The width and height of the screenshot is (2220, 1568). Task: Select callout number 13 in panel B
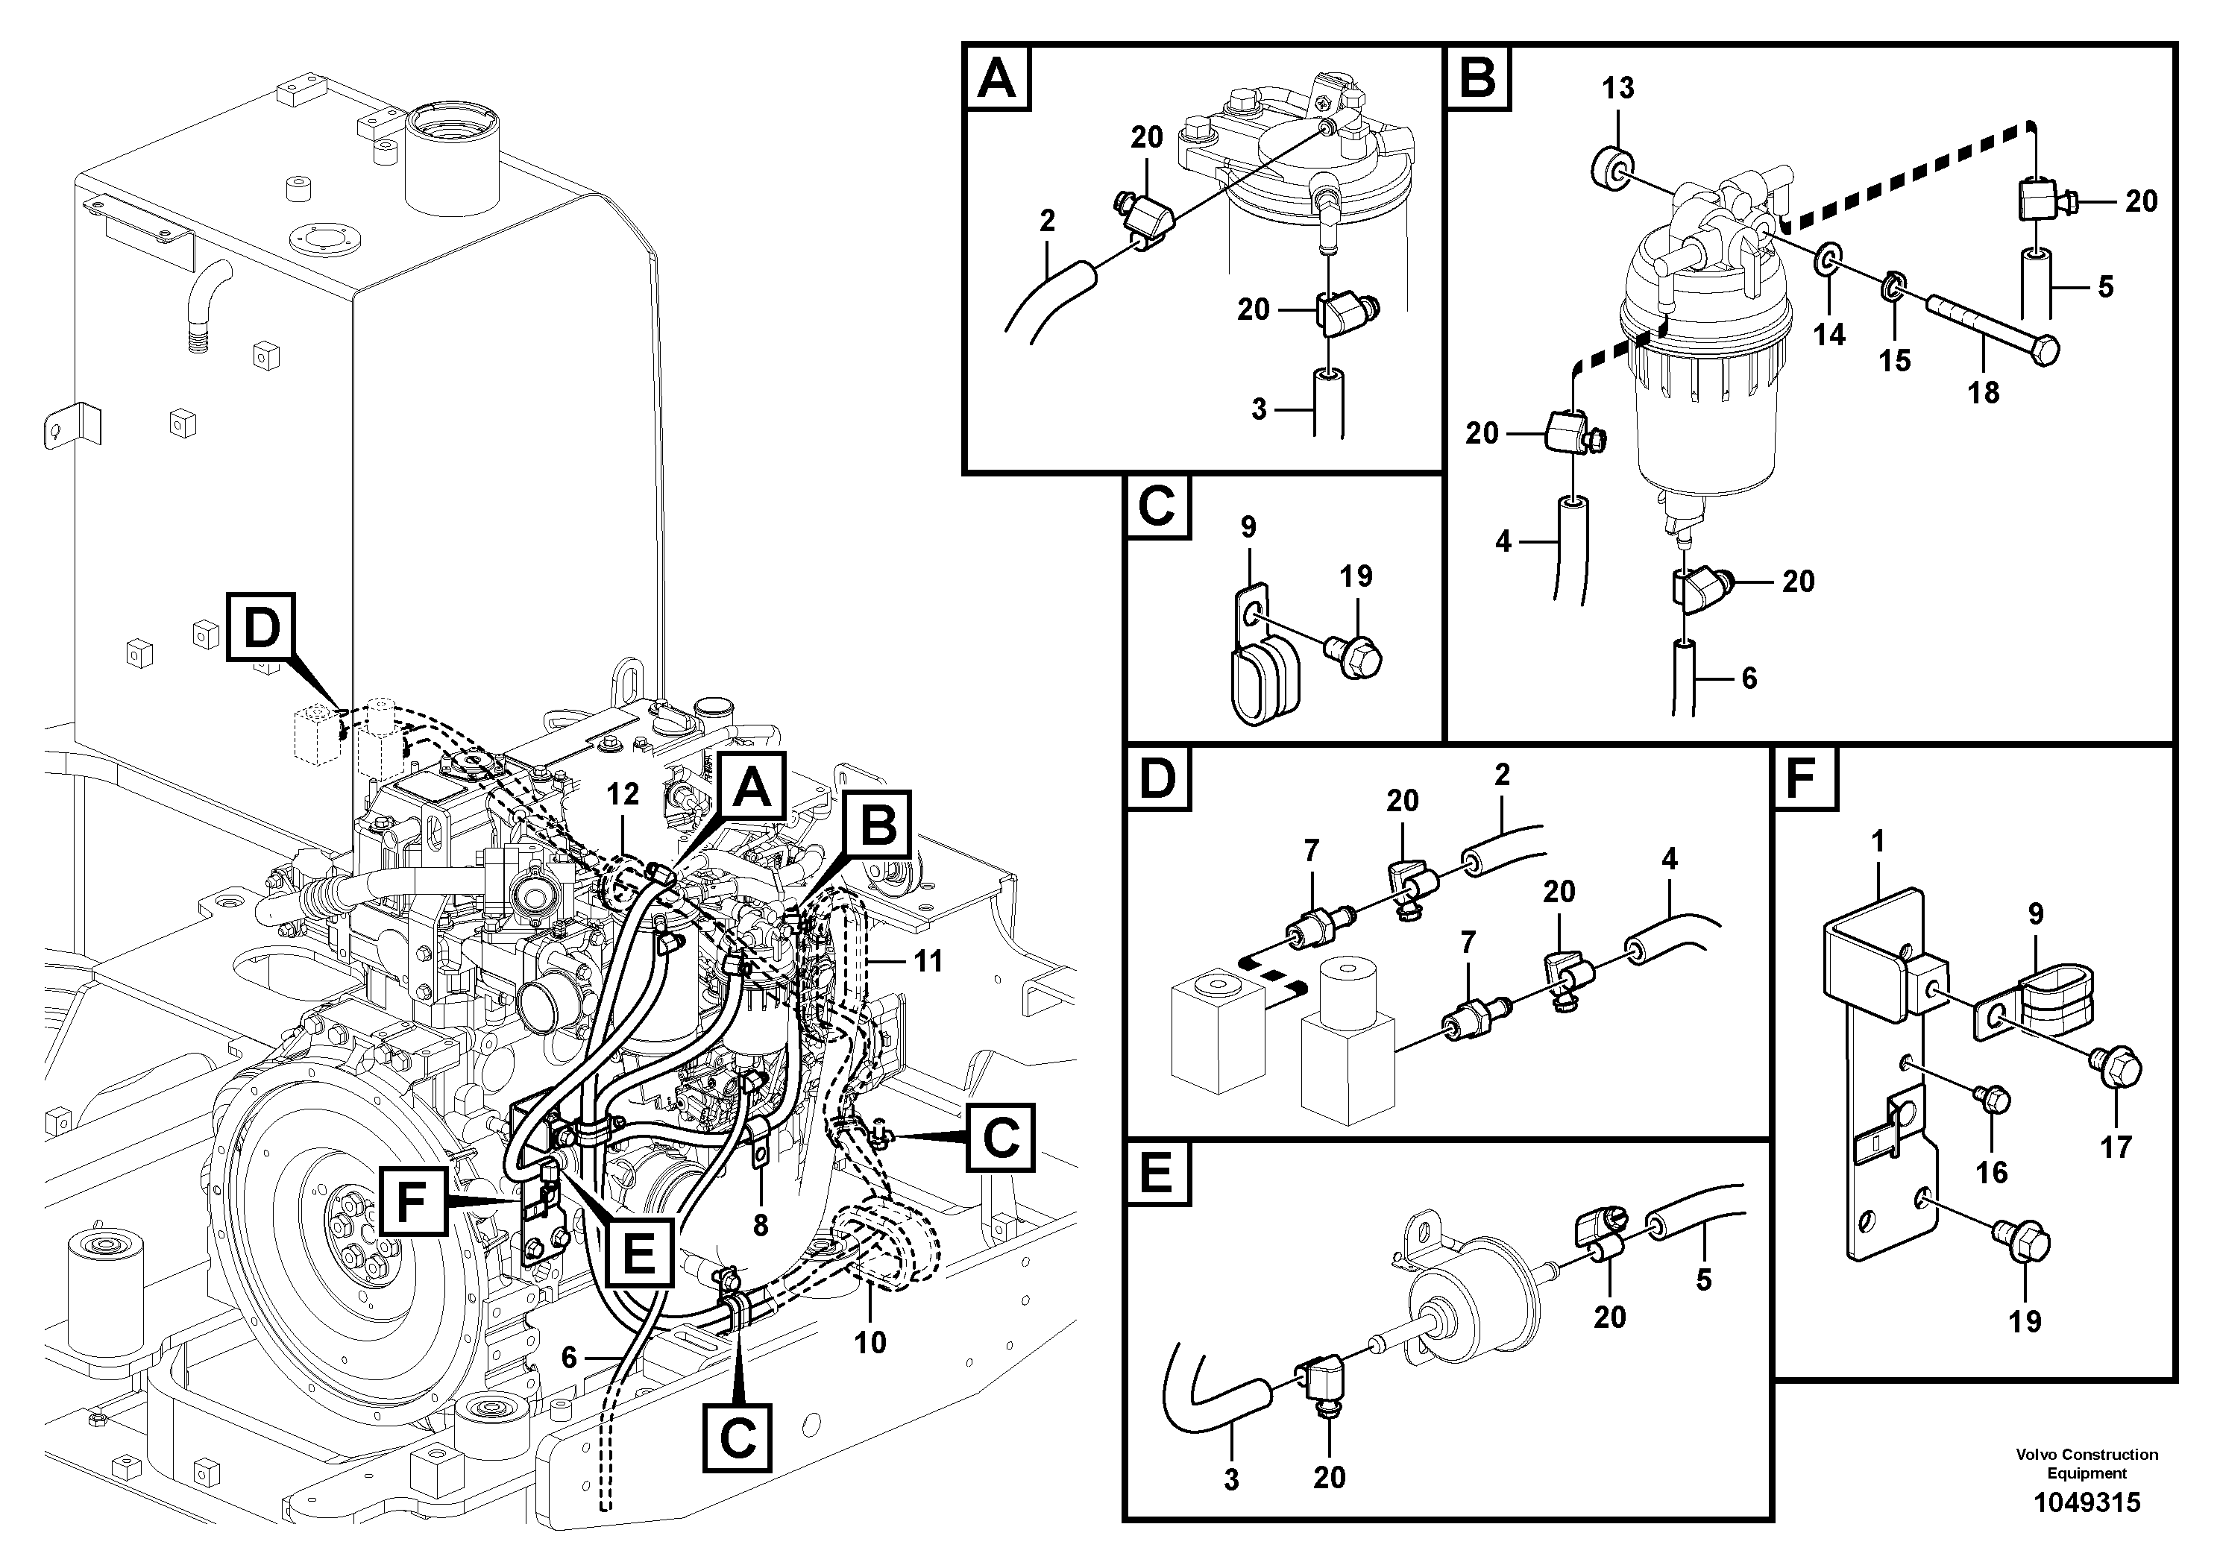pyautogui.click(x=1617, y=88)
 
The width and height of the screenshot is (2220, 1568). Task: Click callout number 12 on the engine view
pyautogui.click(x=623, y=793)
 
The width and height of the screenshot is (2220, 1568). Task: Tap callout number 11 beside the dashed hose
pyautogui.click(x=928, y=961)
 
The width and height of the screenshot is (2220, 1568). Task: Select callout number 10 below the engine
pyautogui.click(x=870, y=1342)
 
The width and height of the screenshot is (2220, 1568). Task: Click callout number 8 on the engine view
pyautogui.click(x=761, y=1226)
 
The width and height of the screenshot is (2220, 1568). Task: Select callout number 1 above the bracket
pyautogui.click(x=1878, y=842)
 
